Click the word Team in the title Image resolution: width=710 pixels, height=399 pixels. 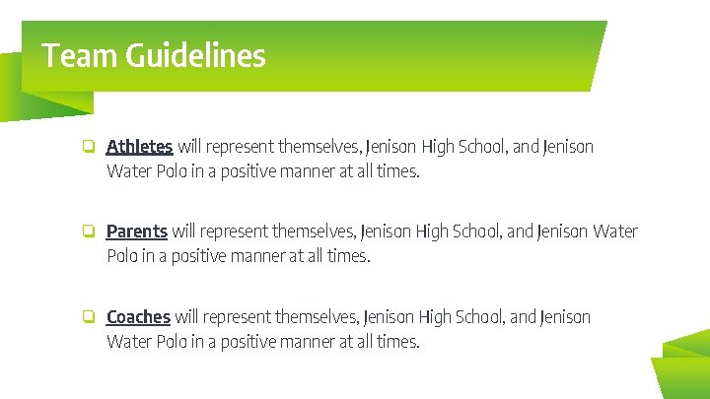click(79, 55)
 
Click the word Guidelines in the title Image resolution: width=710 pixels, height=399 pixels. click(195, 55)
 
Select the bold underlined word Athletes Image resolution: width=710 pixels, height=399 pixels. click(139, 147)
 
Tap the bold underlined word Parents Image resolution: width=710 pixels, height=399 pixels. click(136, 232)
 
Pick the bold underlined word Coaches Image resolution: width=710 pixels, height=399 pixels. click(138, 317)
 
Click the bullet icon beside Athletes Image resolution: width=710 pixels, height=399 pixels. click(88, 147)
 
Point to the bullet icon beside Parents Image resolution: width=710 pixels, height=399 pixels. click(88, 233)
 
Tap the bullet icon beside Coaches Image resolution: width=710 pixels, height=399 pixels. click(88, 317)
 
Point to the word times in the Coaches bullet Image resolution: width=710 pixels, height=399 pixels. click(396, 343)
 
